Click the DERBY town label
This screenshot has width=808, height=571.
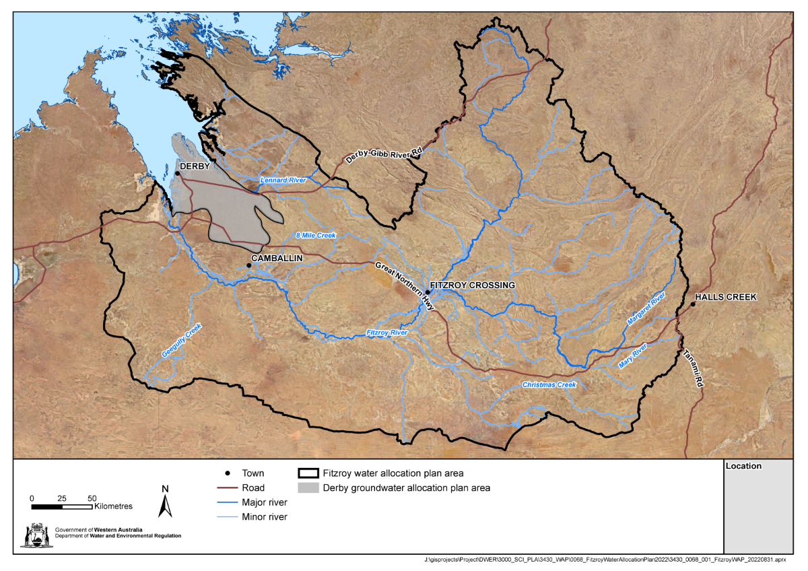pos(195,166)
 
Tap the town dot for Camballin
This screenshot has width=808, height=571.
pos(249,265)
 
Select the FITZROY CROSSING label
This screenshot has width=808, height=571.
pos(472,285)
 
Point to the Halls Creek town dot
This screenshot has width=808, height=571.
pos(693,304)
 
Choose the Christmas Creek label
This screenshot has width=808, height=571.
pos(550,384)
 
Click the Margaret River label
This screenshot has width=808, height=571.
pos(646,310)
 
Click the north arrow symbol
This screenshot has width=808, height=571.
pos(165,501)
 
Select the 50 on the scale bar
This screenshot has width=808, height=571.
pos(92,498)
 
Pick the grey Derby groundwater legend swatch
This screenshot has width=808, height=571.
pos(308,488)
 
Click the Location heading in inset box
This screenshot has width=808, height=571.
pos(744,466)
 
